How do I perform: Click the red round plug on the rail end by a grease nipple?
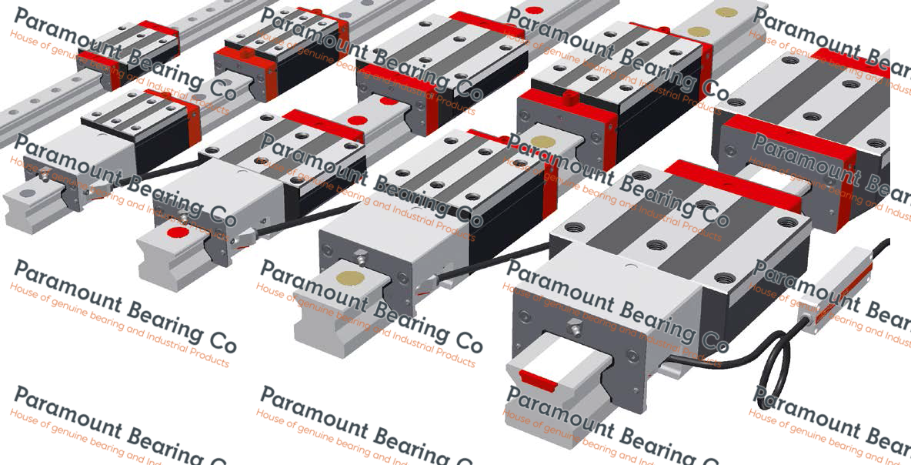point(178,232)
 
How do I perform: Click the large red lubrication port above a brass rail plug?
point(570,97)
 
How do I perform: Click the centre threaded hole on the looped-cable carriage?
point(656,246)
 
